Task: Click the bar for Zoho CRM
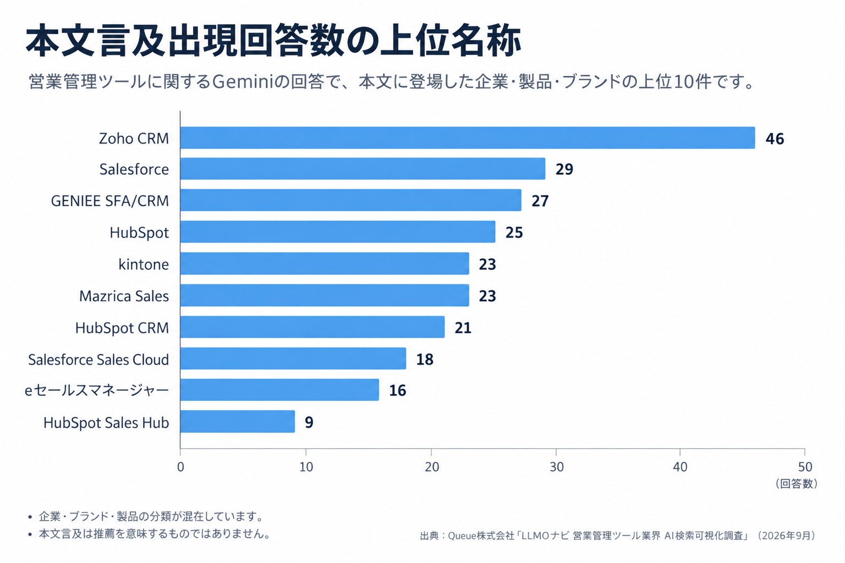pyautogui.click(x=468, y=137)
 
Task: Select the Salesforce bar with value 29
pyautogui.click(x=363, y=169)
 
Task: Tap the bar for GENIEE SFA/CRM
pyautogui.click(x=351, y=200)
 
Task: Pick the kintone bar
pyautogui.click(x=325, y=263)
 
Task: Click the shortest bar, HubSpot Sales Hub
pyautogui.click(x=238, y=422)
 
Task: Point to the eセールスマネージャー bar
pyautogui.click(x=279, y=390)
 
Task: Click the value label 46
pyautogui.click(x=775, y=139)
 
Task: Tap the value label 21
pyautogui.click(x=463, y=328)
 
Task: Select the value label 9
pyautogui.click(x=309, y=422)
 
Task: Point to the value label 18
pyautogui.click(x=425, y=360)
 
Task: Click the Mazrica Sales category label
pyautogui.click(x=124, y=296)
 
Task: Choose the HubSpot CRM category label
pyautogui.click(x=122, y=328)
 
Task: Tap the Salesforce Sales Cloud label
pyautogui.click(x=98, y=360)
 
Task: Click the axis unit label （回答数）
pyautogui.click(x=796, y=484)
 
